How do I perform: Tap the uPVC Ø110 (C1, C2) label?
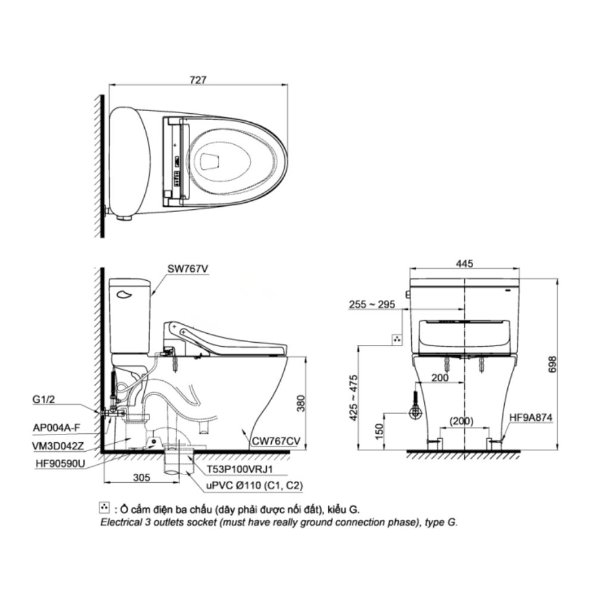click(255, 486)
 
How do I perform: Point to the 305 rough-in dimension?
click(142, 477)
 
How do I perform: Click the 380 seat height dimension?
click(300, 403)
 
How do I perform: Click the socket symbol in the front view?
click(398, 339)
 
